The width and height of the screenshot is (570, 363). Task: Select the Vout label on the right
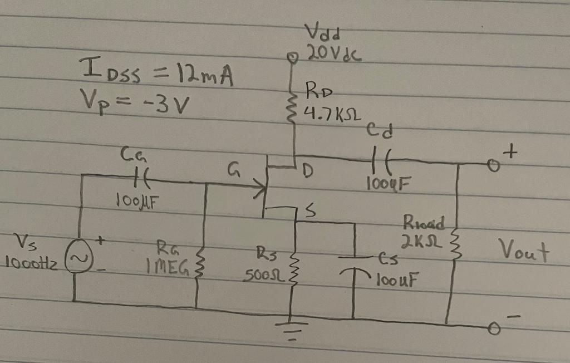coord(523,253)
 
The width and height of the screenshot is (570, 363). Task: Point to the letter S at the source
coord(310,211)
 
